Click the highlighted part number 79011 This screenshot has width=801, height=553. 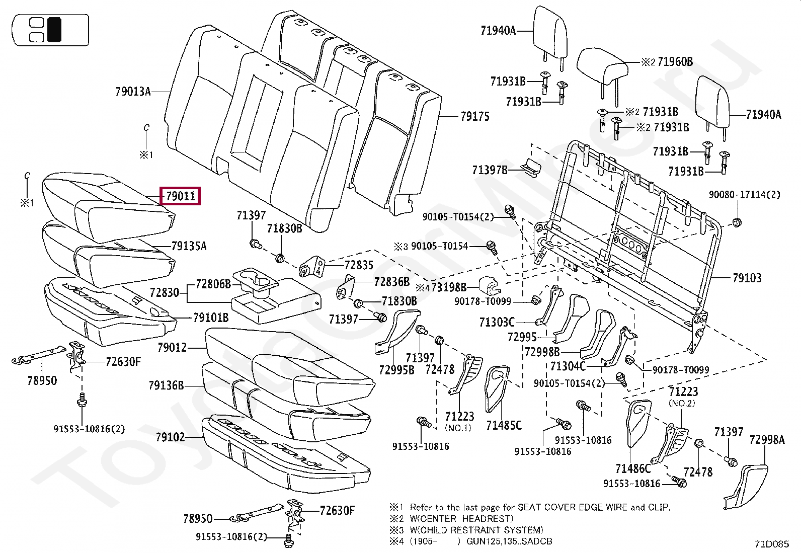180,196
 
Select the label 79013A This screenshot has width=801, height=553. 133,92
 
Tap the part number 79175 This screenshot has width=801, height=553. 474,117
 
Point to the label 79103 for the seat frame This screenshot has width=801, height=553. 747,278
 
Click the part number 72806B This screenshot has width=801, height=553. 213,284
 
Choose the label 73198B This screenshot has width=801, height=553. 449,287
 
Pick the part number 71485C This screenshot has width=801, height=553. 504,426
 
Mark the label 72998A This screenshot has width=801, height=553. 767,440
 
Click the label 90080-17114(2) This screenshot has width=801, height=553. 745,195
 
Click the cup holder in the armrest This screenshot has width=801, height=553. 257,280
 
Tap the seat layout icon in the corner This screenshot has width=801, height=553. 51,30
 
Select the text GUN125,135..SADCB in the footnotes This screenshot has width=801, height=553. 509,541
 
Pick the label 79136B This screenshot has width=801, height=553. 166,386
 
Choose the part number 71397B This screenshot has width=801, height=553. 490,170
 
